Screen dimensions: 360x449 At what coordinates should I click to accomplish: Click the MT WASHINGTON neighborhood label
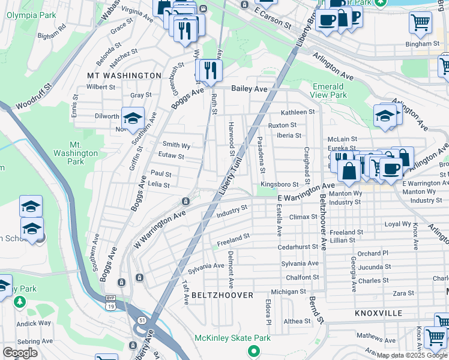click(x=124, y=76)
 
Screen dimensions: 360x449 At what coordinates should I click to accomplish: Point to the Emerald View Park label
click(x=330, y=91)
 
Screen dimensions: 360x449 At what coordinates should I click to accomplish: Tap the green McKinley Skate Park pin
click(x=254, y=350)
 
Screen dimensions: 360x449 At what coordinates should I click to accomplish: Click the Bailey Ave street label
click(x=249, y=89)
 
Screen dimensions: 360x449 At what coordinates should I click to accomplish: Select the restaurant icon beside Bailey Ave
click(x=209, y=70)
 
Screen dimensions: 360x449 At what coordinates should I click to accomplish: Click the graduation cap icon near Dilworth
click(x=133, y=117)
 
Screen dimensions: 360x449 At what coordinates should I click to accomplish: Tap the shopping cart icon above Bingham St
click(x=420, y=23)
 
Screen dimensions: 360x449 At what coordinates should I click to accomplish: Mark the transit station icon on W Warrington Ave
click(x=186, y=200)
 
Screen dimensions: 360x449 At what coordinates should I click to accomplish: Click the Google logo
click(x=20, y=353)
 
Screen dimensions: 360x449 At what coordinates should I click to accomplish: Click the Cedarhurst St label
click(x=297, y=247)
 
